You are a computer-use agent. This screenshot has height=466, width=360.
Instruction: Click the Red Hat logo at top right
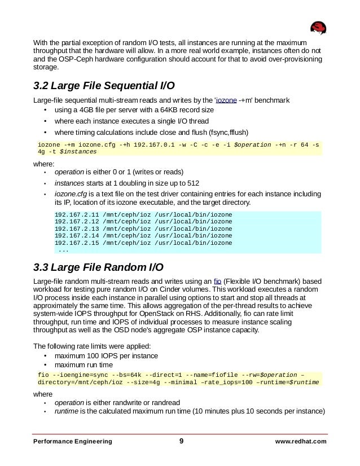click(x=320, y=28)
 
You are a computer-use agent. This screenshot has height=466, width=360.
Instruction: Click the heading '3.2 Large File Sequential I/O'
click(x=104, y=86)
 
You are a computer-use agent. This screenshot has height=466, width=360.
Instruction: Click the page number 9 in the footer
click(x=181, y=441)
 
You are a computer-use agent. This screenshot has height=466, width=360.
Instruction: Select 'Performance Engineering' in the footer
click(x=72, y=442)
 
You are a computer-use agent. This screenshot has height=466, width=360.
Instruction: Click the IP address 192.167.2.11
click(x=75, y=214)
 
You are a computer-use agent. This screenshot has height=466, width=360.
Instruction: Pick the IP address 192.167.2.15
click(x=75, y=243)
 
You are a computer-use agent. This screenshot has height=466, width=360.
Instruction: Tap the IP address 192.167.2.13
click(x=75, y=229)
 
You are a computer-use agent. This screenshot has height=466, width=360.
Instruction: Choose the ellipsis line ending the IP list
click(x=64, y=250)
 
